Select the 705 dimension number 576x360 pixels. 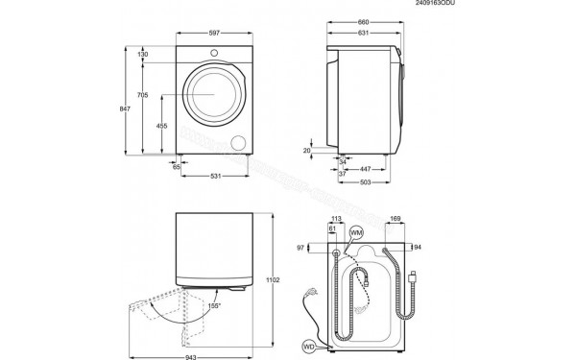point(143,95)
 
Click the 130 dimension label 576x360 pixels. point(143,55)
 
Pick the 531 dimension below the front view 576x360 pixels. point(218,176)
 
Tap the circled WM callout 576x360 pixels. point(357,232)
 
